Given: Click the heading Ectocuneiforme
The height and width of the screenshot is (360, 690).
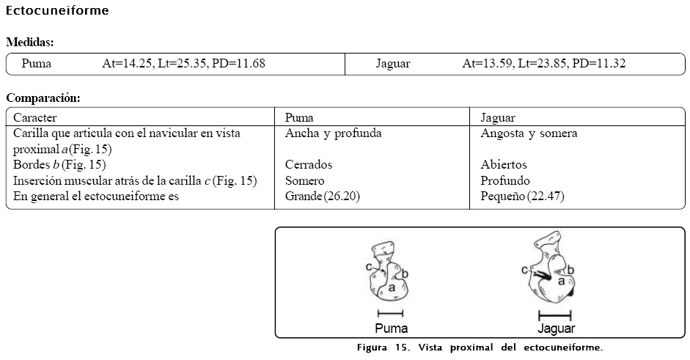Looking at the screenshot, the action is tap(57, 11).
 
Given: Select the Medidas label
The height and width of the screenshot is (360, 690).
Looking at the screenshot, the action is tap(30, 43).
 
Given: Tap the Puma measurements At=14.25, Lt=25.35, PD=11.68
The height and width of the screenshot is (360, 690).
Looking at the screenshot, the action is tap(183, 64).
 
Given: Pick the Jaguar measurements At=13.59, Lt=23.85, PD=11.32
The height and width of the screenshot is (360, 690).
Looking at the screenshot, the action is tap(543, 64).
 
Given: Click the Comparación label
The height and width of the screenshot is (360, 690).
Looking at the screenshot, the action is tap(43, 98).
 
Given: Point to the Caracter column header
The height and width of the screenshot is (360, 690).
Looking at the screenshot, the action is tap(35, 117).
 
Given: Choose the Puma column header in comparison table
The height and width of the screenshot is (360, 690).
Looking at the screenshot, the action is tap(299, 117).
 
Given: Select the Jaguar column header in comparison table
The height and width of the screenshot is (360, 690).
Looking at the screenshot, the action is tap(497, 117).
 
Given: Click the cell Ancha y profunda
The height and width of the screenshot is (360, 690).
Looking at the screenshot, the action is tap(333, 133).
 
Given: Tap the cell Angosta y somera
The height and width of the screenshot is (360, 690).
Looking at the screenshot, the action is tap(528, 133).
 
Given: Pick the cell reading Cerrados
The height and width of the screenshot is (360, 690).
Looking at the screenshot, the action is tap(308, 165).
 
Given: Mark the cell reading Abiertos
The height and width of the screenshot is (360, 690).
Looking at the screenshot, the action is tap(503, 165).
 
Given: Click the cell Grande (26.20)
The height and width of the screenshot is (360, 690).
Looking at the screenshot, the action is tap(322, 196).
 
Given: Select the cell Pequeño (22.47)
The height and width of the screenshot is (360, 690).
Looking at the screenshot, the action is tap(521, 196).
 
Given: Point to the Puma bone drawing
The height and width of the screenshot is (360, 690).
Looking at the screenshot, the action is tap(389, 273).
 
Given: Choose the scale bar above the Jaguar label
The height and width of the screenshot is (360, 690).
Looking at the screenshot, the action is tap(555, 315).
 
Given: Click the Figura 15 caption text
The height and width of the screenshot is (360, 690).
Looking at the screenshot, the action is tap(480, 347).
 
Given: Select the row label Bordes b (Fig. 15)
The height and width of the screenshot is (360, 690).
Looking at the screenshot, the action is tap(59, 165).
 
